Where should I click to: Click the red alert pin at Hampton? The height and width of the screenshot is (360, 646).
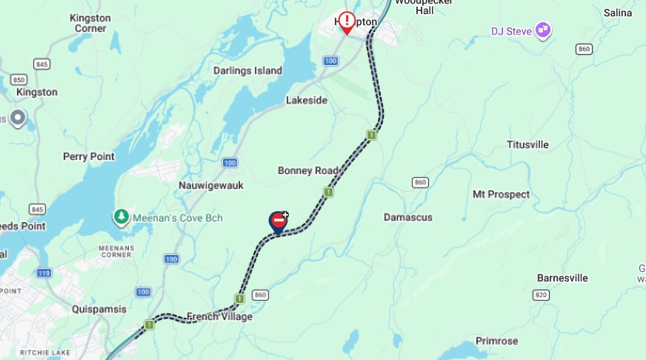[347, 21]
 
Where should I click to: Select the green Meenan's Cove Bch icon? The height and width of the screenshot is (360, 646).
[120, 217]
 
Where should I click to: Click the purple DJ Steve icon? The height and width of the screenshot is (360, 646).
[543, 30]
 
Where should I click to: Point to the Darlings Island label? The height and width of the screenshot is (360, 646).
[247, 70]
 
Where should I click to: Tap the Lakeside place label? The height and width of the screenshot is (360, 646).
[307, 100]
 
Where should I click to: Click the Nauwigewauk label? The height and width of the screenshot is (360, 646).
[211, 185]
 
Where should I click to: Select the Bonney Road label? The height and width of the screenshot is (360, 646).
[307, 170]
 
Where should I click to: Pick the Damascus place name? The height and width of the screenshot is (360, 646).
[408, 217]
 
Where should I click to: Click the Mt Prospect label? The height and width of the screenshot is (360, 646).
[501, 194]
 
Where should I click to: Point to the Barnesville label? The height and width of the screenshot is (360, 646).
[562, 278]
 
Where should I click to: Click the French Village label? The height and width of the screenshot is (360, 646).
[219, 316]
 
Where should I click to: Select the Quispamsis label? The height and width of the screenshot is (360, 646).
[99, 309]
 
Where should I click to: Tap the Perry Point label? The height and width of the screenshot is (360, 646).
[89, 156]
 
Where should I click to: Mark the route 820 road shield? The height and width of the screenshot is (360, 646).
[541, 294]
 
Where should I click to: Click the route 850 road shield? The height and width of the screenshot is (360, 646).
[19, 79]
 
